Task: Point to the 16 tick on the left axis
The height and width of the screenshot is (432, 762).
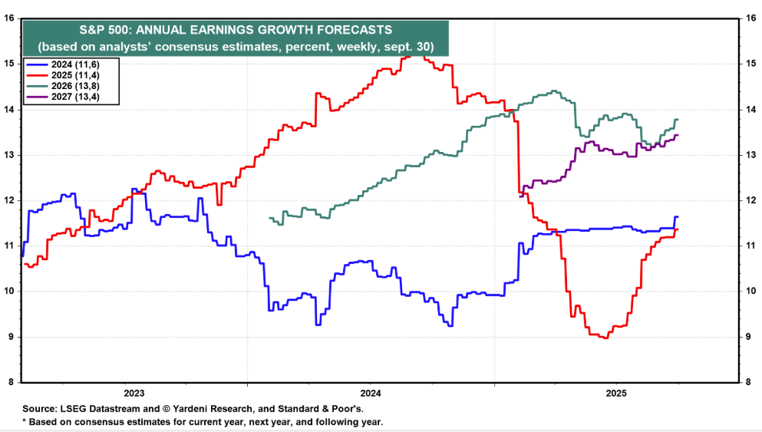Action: pos(10,18)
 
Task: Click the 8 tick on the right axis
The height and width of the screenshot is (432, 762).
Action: pos(742,382)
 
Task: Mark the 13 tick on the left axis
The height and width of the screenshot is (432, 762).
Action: pos(10,154)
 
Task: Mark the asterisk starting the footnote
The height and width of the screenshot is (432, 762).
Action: pos(25,422)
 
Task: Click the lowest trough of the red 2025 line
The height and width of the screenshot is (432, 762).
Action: pos(606,338)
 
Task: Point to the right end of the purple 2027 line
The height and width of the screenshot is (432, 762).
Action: pos(677,135)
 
